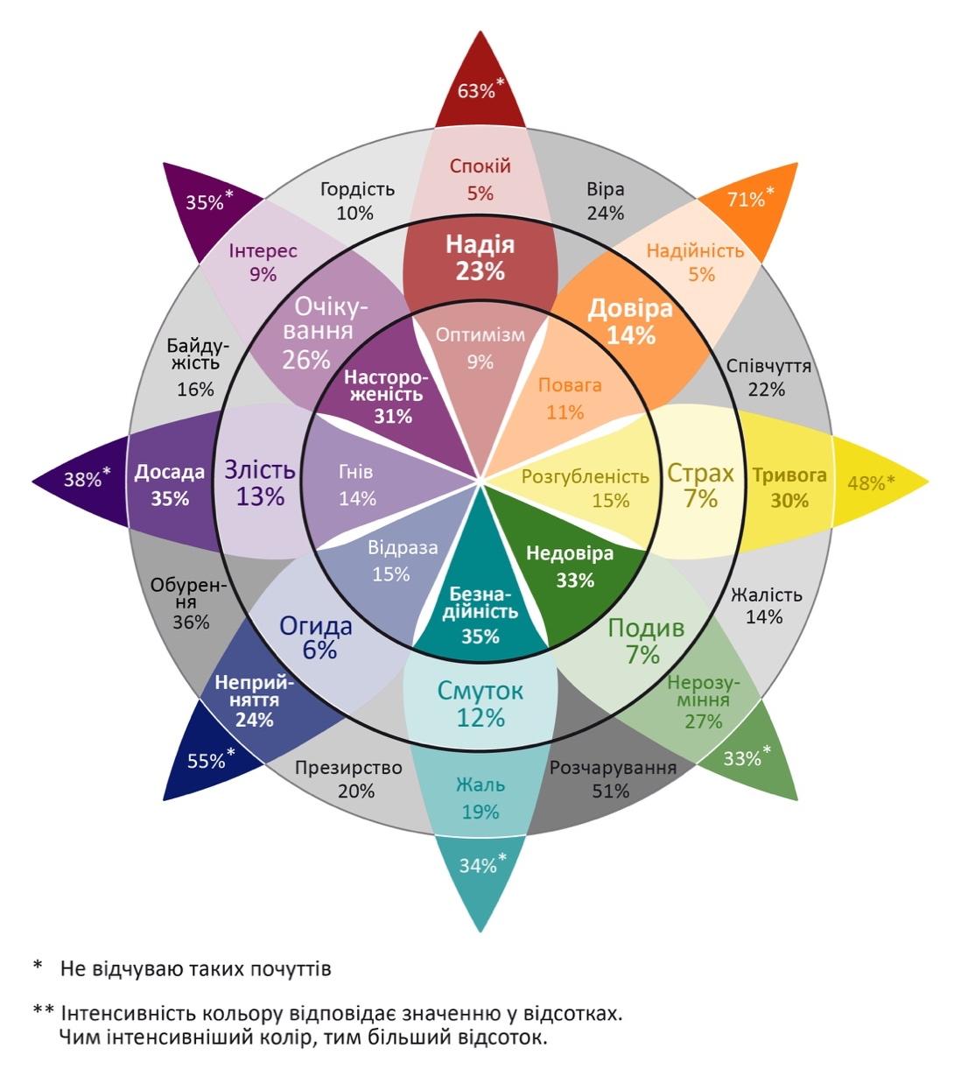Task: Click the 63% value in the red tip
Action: point(476,90)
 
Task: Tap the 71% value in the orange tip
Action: point(746,200)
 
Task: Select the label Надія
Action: point(480,245)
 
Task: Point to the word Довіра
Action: point(630,308)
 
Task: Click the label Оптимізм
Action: point(480,334)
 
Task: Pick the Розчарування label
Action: point(613,768)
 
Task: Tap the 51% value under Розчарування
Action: point(611,791)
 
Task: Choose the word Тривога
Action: point(789,475)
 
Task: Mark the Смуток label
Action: point(480,691)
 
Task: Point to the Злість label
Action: point(260,469)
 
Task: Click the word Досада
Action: point(170,473)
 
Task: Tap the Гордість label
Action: point(357,189)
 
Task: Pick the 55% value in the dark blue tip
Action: point(207,761)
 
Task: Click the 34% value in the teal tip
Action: point(478,866)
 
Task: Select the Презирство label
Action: point(348,768)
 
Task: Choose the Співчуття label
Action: point(768,366)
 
